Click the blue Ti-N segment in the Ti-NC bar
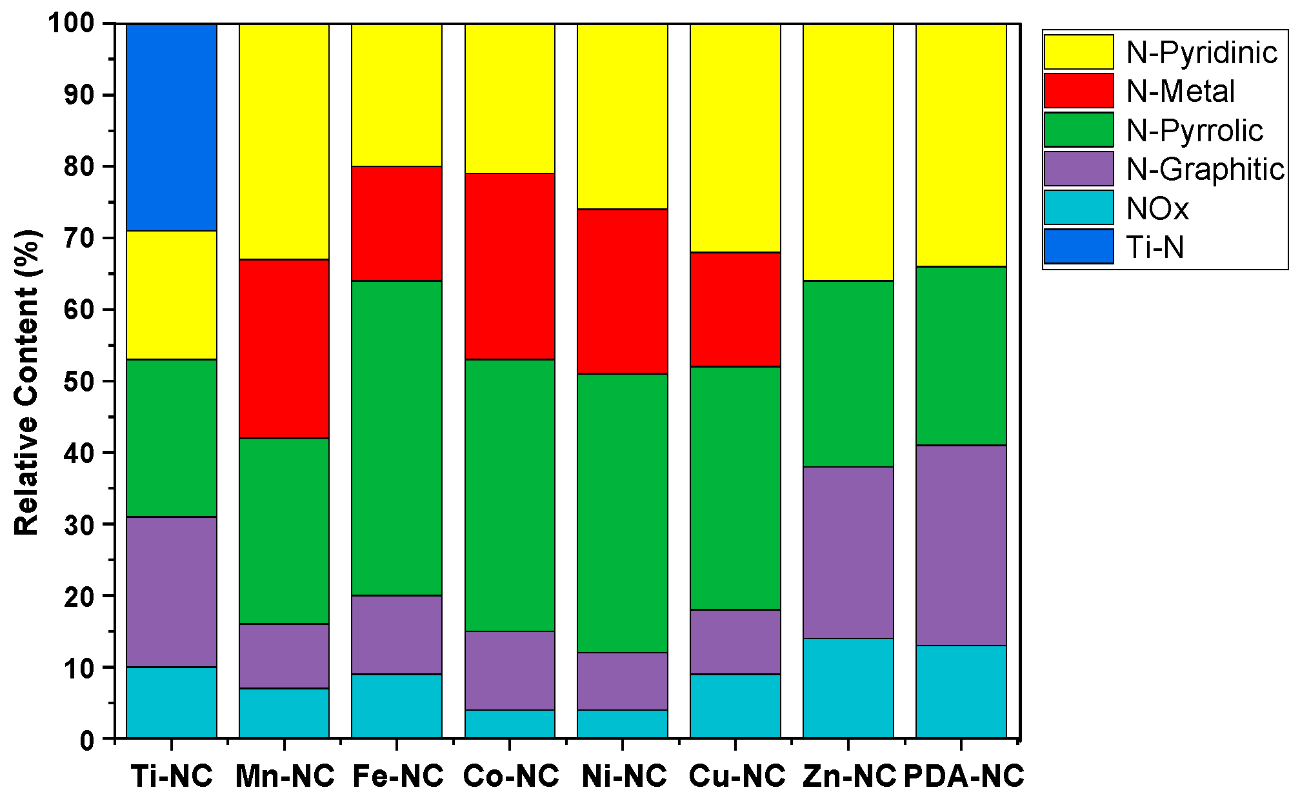click(172, 127)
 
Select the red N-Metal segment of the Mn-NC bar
click(284, 349)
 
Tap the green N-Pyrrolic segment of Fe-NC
click(397, 438)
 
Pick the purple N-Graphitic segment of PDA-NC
click(961, 545)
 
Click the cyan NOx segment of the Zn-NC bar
click(848, 688)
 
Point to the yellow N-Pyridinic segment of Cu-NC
click(735, 138)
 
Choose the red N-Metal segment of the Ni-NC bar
click(623, 292)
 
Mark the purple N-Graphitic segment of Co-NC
click(510, 671)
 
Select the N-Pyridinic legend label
click(1202, 52)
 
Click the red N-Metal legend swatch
click(1079, 91)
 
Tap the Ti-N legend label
click(1155, 247)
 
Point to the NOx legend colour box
click(1079, 208)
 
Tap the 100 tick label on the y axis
click(72, 24)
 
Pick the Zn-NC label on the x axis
click(850, 776)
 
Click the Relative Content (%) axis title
click(27, 382)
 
